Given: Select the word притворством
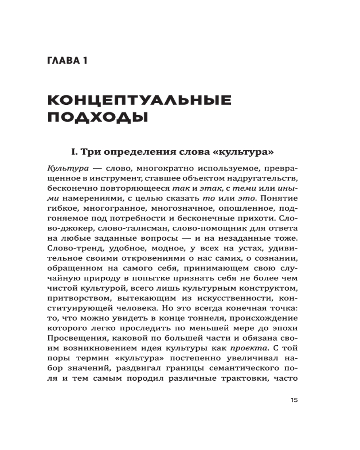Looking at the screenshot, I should (75, 297).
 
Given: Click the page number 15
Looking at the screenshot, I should (295, 400).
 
